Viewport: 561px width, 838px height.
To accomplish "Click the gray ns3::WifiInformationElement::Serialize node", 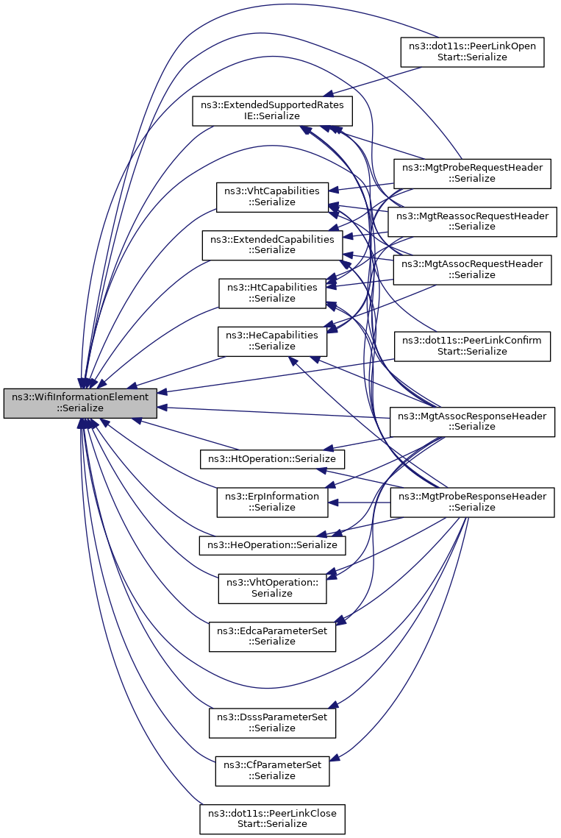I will (80, 403).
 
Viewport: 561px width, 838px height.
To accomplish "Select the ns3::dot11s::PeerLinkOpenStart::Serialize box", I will (471, 52).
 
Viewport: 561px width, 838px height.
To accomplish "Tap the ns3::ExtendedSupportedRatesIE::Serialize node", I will (272, 110).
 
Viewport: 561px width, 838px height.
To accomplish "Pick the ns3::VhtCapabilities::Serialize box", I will (272, 196).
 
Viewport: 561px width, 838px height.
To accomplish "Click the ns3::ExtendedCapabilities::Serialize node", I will (272, 244).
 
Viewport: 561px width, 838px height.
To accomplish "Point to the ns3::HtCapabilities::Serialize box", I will (272, 293).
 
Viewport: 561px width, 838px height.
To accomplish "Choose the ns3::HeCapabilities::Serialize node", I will (272, 341).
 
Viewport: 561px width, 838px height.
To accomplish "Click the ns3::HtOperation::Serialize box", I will (272, 458).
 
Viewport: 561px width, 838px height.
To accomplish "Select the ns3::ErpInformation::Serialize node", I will (272, 502).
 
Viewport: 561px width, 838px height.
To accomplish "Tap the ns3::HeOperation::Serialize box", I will (272, 545).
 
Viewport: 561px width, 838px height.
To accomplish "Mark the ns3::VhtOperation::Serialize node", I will (272, 588).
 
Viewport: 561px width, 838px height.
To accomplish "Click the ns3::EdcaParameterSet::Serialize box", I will (272, 636).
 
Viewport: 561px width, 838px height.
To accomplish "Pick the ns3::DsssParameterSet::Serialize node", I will (272, 722).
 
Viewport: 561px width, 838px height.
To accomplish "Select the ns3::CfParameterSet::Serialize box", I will (272, 770).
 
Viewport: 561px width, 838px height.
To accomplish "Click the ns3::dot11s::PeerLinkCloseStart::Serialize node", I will (272, 818).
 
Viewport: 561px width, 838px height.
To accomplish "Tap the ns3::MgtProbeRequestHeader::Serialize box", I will (472, 173).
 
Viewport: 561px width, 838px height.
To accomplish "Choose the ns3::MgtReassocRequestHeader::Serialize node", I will (472, 221).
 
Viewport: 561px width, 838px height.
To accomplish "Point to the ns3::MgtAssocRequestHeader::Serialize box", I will (472, 269).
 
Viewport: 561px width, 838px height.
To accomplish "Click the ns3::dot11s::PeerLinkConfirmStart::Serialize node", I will (472, 346).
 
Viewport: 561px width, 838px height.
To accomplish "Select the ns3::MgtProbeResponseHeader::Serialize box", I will (472, 502).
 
